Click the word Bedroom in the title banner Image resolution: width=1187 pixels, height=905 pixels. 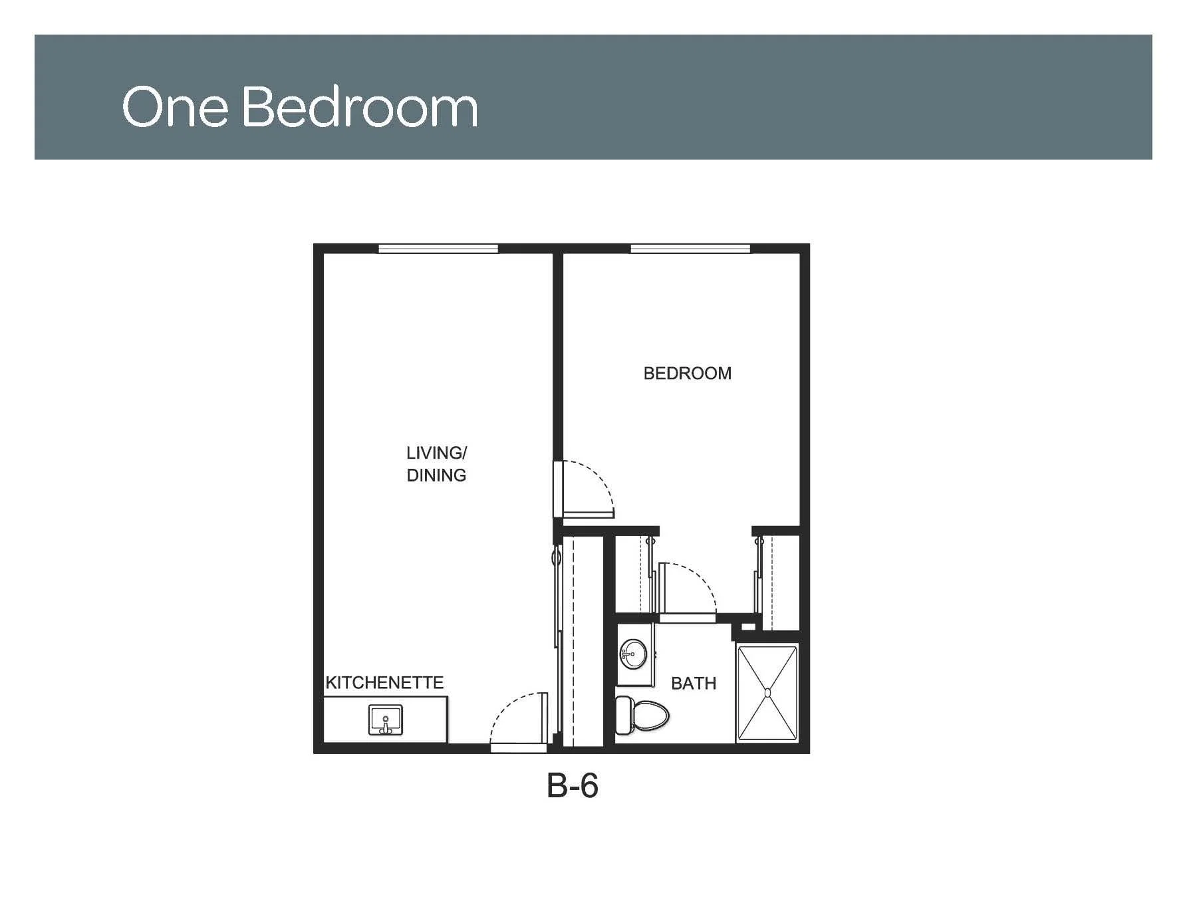tap(360, 106)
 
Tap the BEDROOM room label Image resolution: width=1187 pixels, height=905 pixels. tap(687, 373)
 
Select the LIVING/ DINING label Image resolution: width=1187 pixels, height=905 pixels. tap(436, 464)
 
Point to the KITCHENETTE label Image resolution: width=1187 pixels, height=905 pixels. tap(384, 683)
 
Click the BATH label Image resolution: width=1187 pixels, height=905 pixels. tap(694, 684)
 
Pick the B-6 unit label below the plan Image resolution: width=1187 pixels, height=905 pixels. tap(572, 786)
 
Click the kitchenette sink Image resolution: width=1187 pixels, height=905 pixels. tap(385, 721)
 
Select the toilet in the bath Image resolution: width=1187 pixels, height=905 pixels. tap(642, 715)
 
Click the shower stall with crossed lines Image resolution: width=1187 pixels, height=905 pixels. tap(767, 693)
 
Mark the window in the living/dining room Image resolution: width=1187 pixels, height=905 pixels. tap(438, 249)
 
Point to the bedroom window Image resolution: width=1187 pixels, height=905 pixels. tap(690, 249)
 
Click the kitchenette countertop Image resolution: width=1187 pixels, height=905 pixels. tap(385, 719)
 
